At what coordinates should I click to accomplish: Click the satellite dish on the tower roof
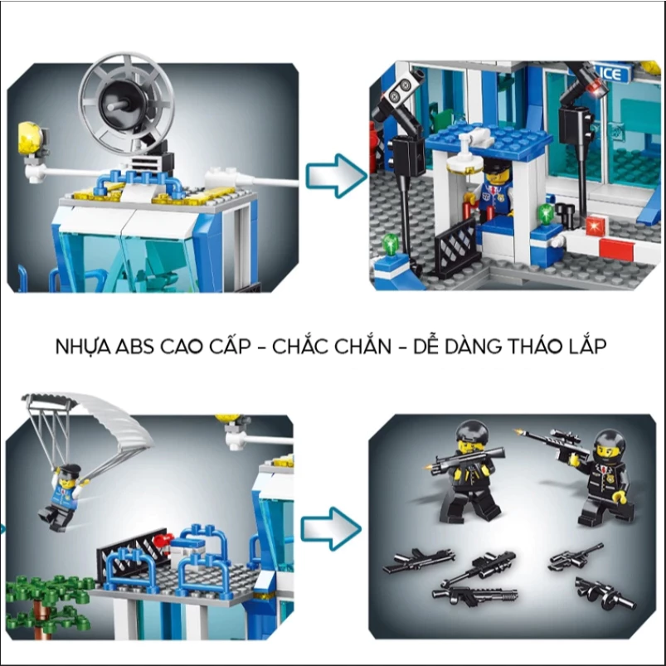(x=127, y=101)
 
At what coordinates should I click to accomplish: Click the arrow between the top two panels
(x=337, y=176)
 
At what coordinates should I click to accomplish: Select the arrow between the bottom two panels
(x=331, y=528)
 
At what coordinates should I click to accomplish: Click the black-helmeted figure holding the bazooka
(x=467, y=471)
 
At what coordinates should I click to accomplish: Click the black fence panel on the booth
(x=455, y=246)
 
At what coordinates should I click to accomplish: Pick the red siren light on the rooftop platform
(x=162, y=541)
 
